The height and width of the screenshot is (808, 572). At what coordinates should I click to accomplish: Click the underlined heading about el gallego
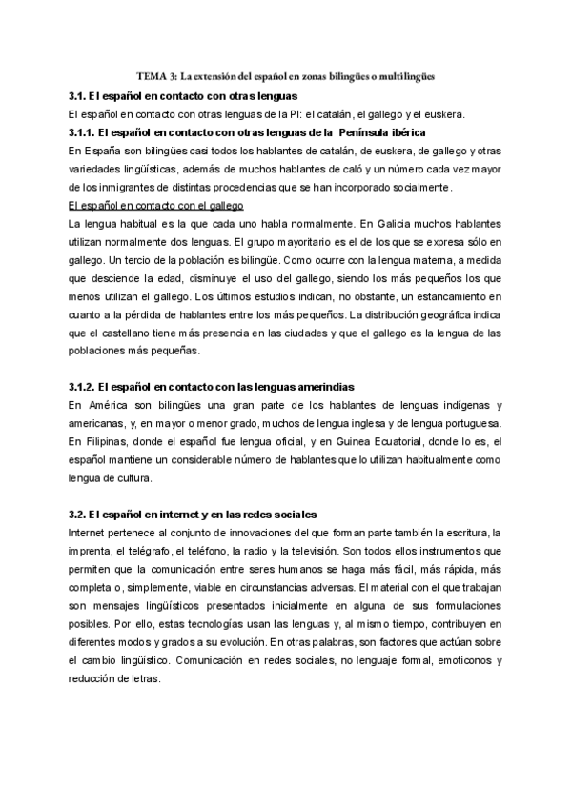click(156, 205)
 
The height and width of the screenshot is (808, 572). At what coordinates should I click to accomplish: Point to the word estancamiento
click(452, 295)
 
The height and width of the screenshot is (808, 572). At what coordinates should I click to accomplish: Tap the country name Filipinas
click(106, 441)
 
